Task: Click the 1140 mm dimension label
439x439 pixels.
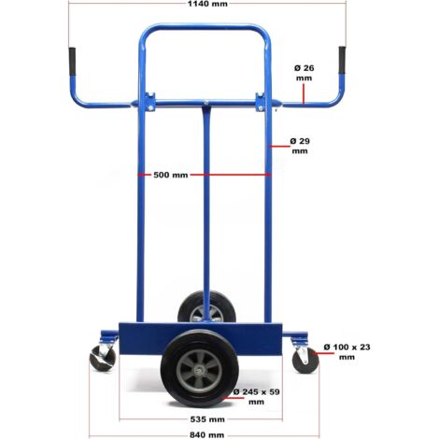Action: coord(207,4)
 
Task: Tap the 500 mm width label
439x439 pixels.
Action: coord(171,175)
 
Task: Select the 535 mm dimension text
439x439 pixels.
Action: coord(207,419)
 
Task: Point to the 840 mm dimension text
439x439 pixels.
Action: coord(207,434)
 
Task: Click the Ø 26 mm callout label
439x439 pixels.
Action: coord(304,73)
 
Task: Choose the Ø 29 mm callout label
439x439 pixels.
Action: coord(300,146)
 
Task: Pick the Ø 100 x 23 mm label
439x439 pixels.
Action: coord(347,352)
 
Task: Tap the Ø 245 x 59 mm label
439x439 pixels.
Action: coord(257,397)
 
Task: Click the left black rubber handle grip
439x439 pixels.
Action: coord(72,62)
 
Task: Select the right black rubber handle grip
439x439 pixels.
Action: coord(342,60)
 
